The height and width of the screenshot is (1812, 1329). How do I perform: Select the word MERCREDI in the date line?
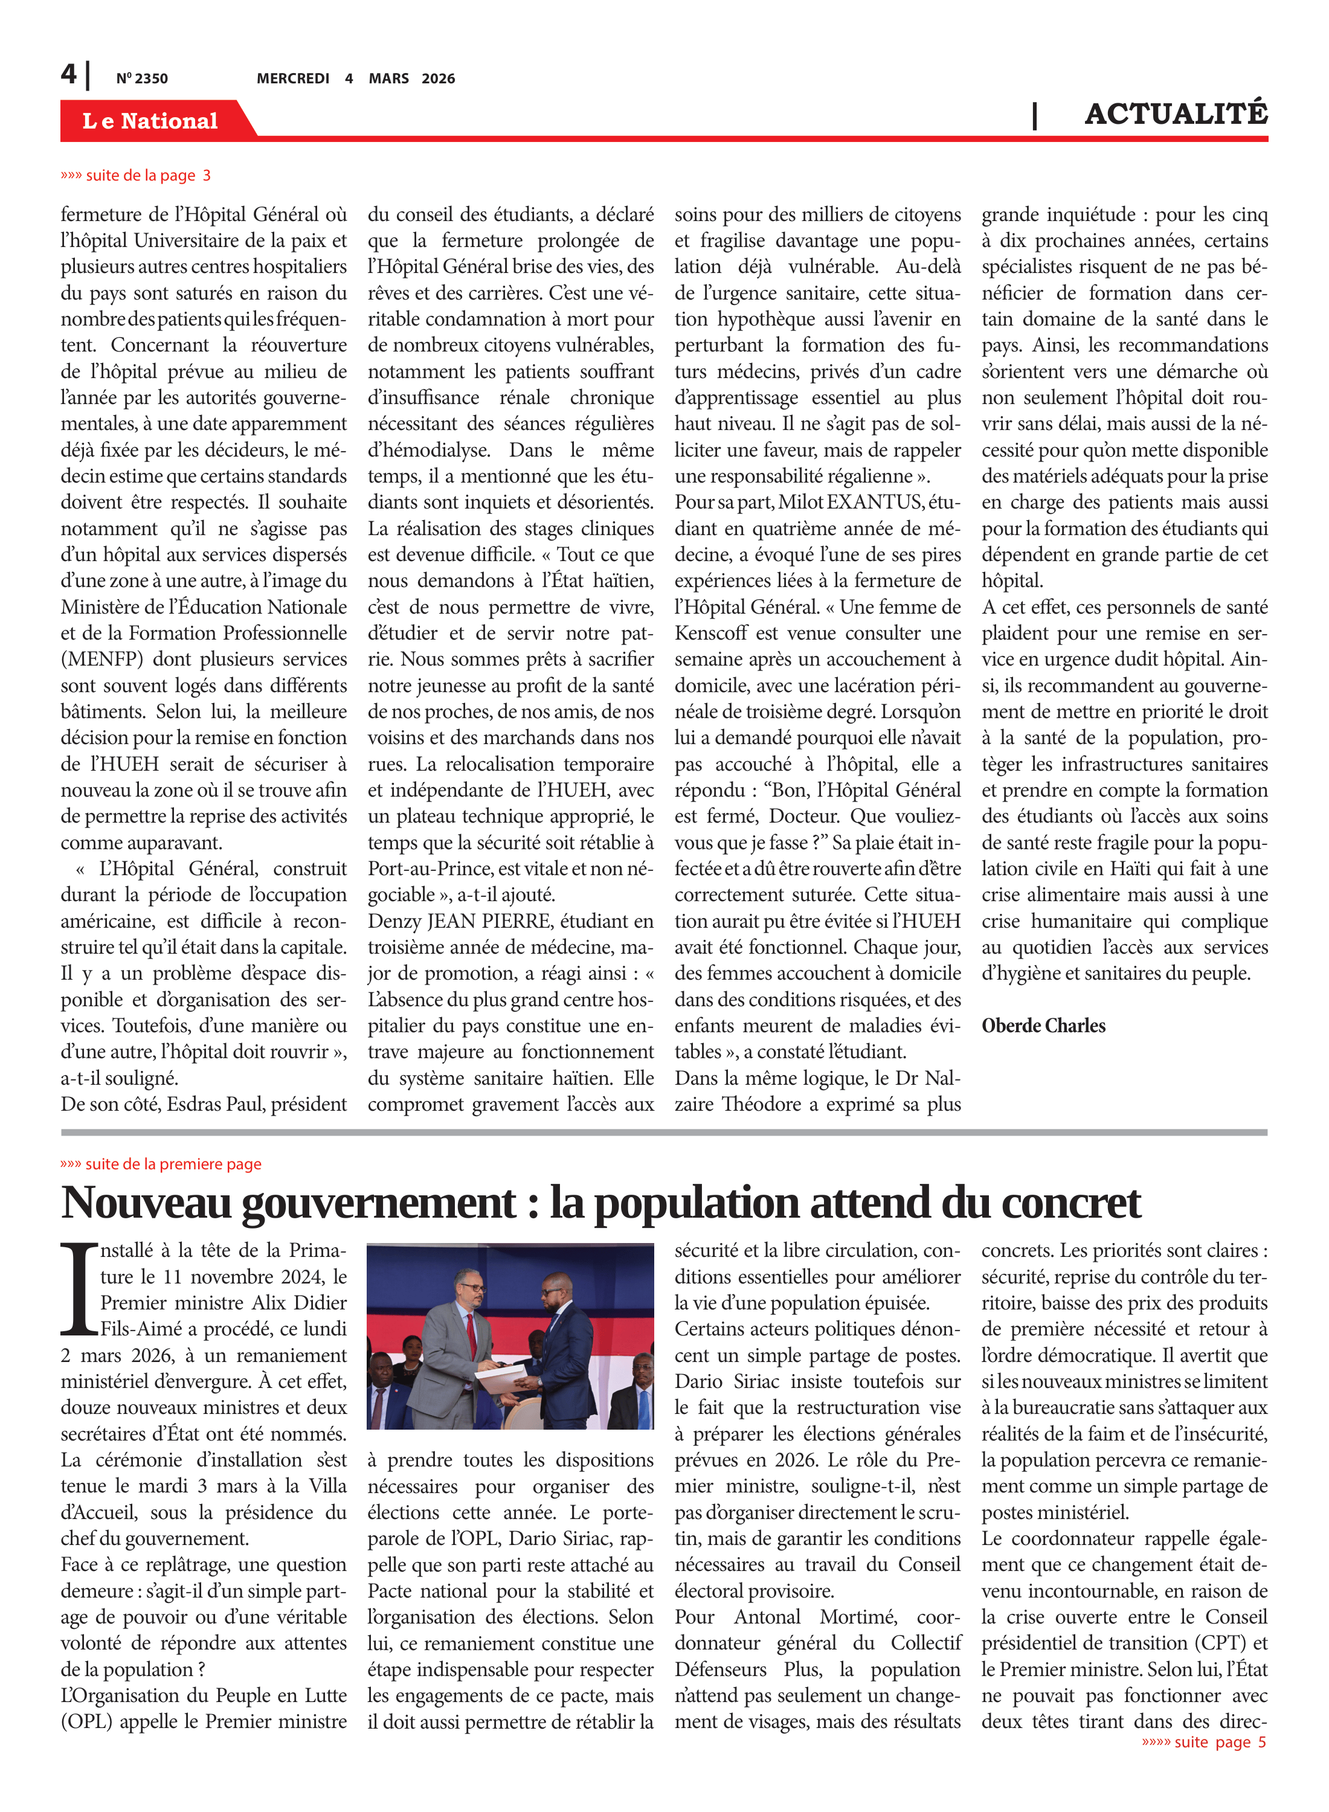293,79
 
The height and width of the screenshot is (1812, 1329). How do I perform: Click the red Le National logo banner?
150,121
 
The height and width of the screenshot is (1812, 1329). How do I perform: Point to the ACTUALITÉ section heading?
1176,114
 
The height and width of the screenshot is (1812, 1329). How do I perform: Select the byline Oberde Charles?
1043,1026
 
